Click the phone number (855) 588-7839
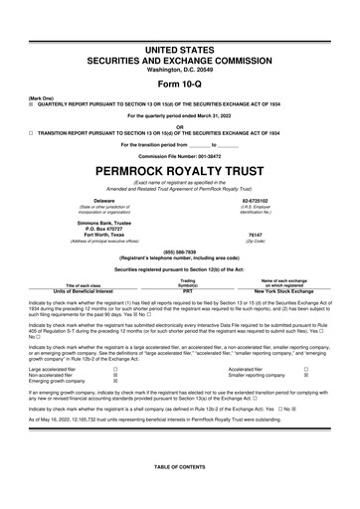tap(179, 252)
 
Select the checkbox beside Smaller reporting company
tap(304, 373)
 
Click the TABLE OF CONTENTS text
tap(179, 494)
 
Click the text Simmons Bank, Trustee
tap(96, 224)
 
